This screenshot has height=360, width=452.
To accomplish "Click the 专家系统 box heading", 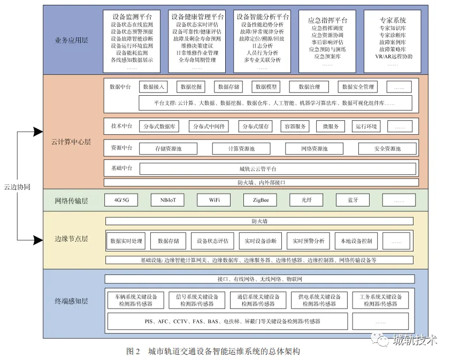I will [x=393, y=20].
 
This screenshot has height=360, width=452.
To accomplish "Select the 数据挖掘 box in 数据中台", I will [x=191, y=87].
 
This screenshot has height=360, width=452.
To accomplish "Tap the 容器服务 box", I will [x=296, y=127].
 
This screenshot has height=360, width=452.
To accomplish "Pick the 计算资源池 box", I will [x=241, y=148].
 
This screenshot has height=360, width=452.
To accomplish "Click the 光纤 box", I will [x=307, y=201].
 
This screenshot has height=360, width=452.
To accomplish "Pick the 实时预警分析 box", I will [x=308, y=241].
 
